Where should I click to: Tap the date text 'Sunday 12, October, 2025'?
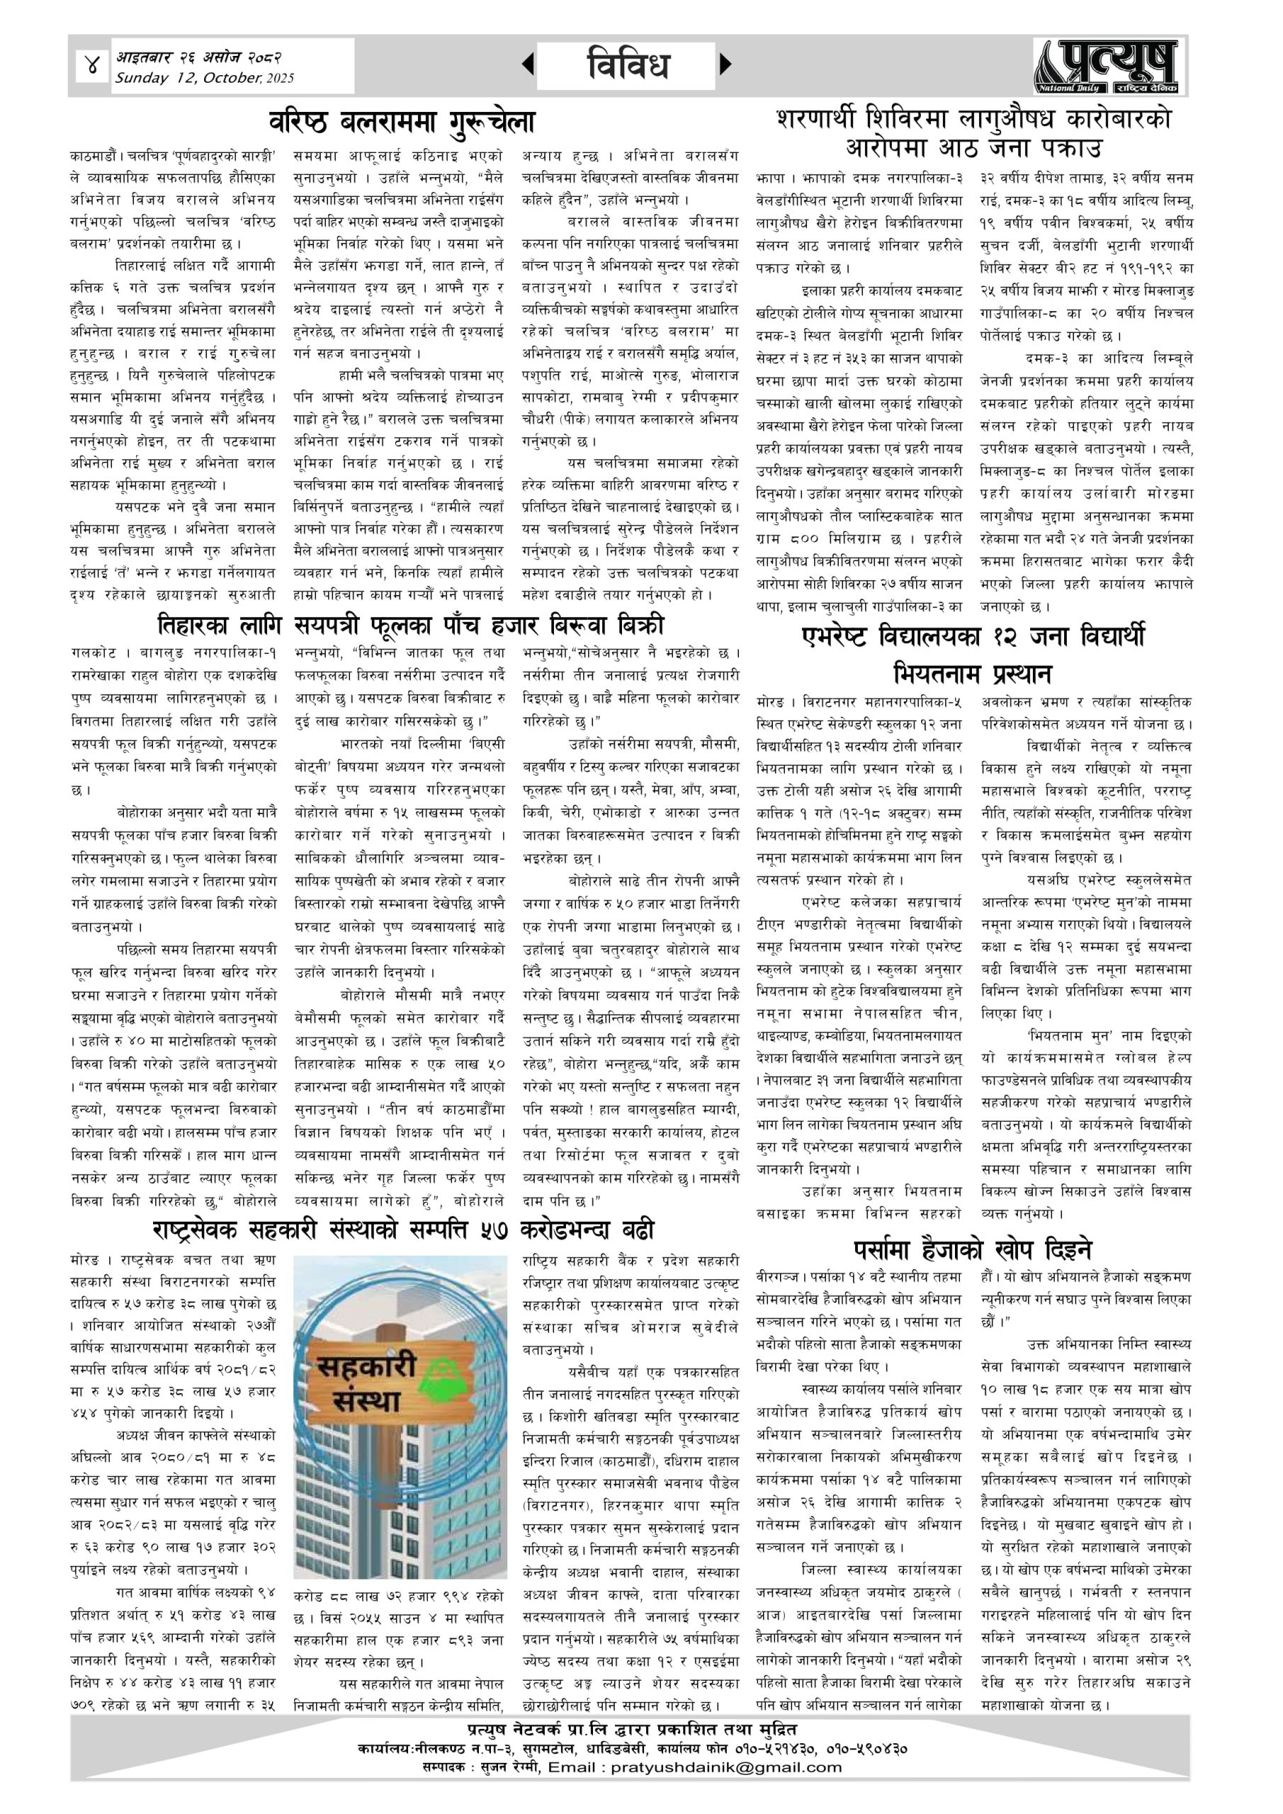click(x=204, y=78)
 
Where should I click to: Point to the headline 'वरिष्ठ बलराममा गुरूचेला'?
click(x=402, y=123)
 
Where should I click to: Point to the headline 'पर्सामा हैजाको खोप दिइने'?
click(x=973, y=1249)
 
